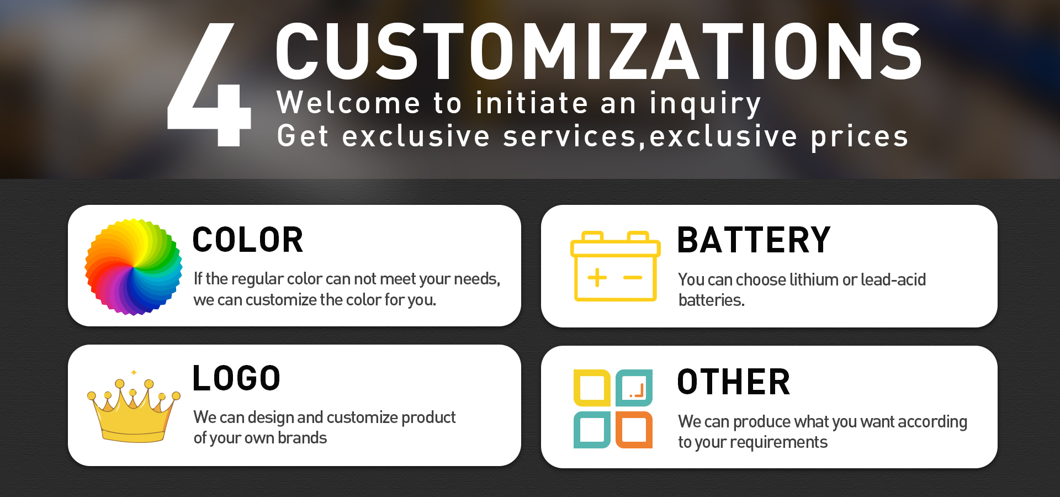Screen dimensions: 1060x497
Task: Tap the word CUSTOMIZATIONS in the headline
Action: (599, 51)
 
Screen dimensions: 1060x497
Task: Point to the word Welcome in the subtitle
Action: (348, 103)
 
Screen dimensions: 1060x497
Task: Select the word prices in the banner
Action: (859, 138)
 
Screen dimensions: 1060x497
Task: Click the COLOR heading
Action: (248, 240)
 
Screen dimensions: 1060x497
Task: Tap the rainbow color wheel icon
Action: (134, 267)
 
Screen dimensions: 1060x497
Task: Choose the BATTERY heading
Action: (754, 240)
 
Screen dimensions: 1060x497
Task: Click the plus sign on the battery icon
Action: (597, 277)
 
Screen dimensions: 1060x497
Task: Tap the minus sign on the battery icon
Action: (633, 277)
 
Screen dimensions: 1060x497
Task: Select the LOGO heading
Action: (236, 378)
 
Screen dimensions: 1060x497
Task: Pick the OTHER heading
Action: (734, 382)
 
